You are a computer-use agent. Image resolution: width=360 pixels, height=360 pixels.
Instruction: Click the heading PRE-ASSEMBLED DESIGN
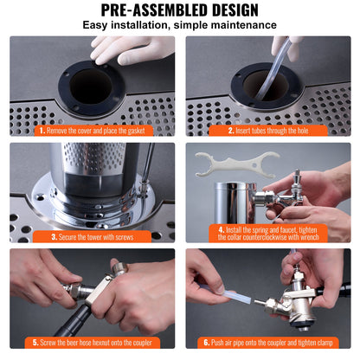pos(179,10)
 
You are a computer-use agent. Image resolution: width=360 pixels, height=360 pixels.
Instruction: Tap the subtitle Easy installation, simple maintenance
pos(179,25)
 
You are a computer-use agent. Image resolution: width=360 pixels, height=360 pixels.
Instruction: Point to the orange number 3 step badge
pos(55,235)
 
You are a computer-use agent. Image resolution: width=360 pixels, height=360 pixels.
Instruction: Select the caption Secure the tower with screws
pos(97,235)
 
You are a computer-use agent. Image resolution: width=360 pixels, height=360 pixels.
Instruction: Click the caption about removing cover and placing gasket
pos(96,131)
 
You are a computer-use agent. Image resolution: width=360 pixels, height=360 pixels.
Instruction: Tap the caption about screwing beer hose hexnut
pos(97,341)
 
